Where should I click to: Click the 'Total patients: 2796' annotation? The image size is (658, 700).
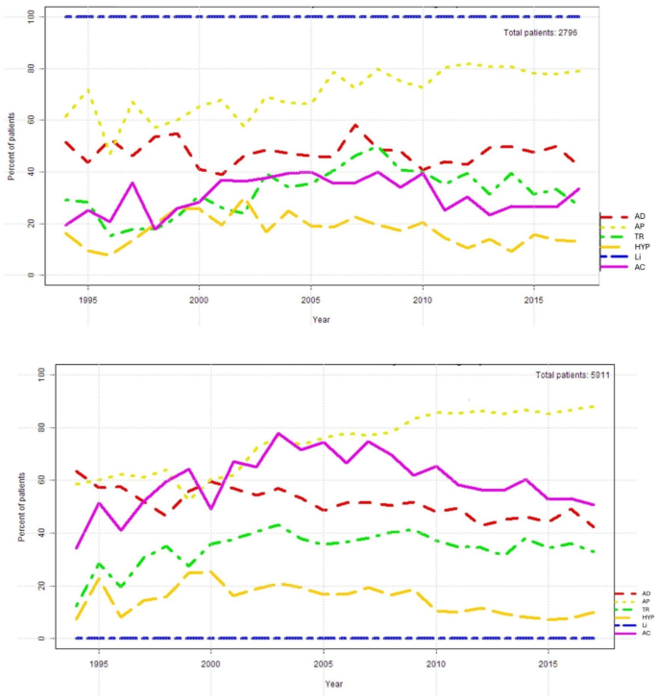[x=540, y=33]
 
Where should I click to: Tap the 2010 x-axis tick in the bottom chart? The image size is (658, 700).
[x=434, y=663]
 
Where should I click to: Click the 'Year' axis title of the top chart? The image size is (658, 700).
[x=321, y=319]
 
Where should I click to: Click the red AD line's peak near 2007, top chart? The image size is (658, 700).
[x=355, y=125]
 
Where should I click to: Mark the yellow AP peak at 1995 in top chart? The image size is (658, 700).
[x=88, y=89]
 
